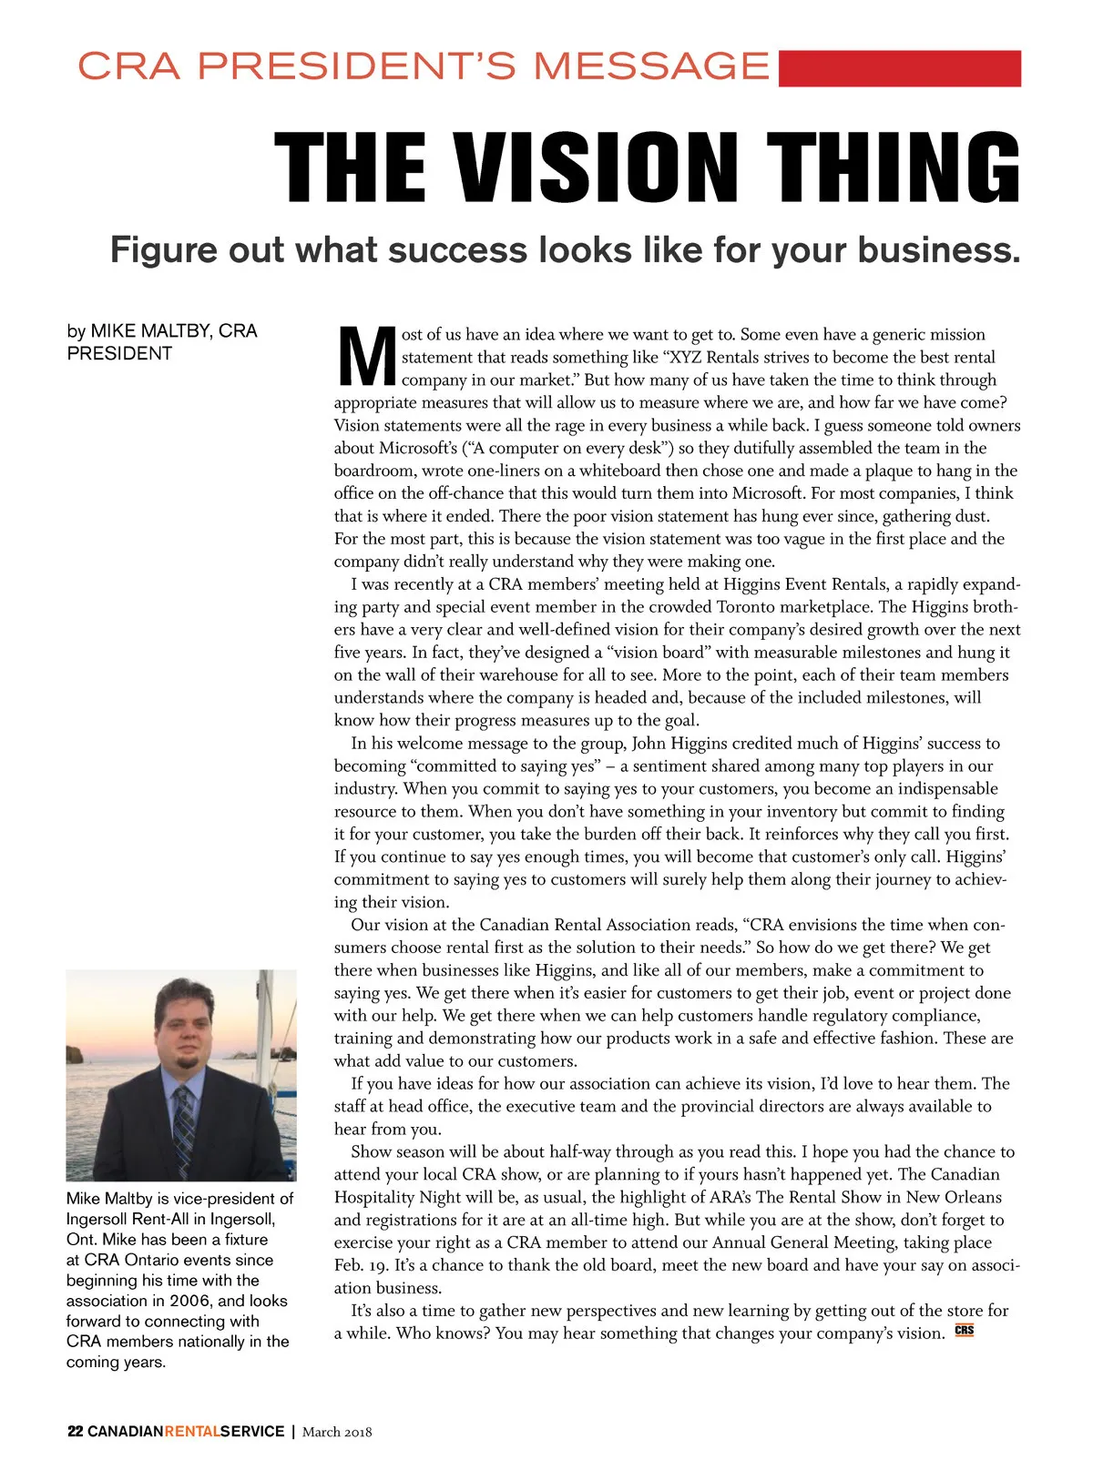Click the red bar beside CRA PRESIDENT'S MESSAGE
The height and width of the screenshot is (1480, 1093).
click(x=899, y=68)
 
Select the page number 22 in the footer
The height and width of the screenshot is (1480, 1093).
click(x=75, y=1432)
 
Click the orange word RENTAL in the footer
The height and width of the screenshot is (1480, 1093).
click(x=191, y=1432)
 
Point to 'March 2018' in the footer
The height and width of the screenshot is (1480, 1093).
click(x=337, y=1432)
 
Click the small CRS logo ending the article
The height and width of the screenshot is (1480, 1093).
click(x=964, y=1331)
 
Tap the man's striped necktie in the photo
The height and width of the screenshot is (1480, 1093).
click(x=185, y=1129)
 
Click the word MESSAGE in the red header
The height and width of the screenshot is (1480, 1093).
click(x=651, y=66)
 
